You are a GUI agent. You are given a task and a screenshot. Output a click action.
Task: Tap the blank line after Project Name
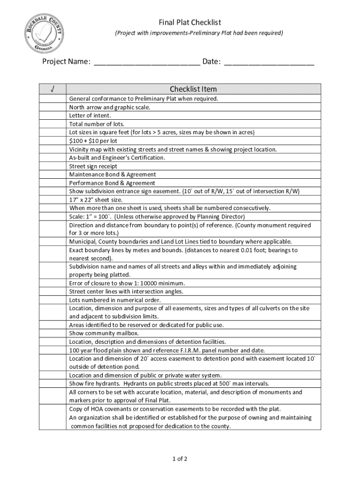147,62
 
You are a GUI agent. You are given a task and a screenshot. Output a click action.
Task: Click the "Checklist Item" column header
193,89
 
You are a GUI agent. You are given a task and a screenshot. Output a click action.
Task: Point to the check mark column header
52,89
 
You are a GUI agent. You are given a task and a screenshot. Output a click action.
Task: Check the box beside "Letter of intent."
52,116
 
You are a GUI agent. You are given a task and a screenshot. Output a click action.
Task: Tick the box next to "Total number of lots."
52,124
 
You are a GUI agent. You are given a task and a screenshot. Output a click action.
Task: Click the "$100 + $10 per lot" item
93,141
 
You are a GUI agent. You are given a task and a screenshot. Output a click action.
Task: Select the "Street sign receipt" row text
93,166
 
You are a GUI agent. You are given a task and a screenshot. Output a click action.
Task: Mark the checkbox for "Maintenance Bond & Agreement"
52,174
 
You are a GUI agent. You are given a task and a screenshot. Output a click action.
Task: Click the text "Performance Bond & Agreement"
112,183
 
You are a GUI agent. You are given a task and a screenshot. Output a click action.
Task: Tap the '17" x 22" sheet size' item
95,200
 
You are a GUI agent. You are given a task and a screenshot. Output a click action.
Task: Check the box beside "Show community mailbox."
52,333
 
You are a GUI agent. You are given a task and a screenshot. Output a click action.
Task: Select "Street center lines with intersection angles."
126,291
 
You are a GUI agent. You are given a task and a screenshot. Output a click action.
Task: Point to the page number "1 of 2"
180,458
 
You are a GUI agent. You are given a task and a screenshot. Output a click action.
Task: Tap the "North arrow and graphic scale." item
110,107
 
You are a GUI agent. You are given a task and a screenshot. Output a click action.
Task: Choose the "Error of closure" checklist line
127,283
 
